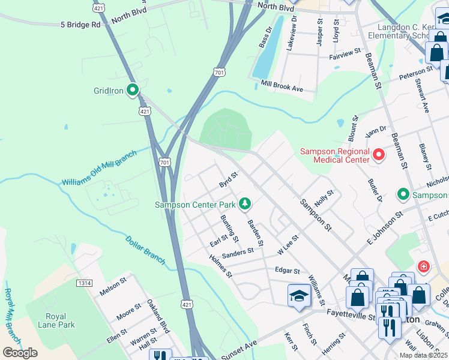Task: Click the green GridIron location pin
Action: (133, 91)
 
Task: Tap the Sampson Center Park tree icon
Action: (244, 204)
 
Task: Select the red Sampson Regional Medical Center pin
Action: (378, 155)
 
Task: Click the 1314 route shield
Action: (85, 283)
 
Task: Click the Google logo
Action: (20, 353)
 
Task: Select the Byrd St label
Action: (229, 178)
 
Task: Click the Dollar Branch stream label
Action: (145, 249)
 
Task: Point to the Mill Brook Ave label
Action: (282, 88)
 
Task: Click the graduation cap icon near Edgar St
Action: (299, 296)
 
